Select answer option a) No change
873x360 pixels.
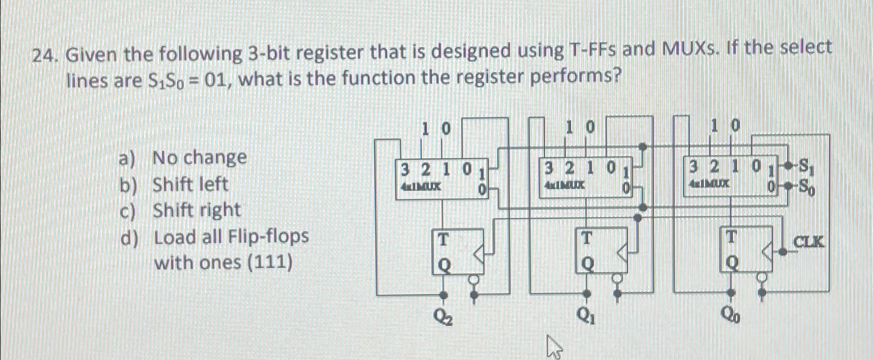(200, 157)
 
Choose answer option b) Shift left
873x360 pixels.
(190, 184)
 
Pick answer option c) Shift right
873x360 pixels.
(197, 211)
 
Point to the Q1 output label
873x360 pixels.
(587, 316)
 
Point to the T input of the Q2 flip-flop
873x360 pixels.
(442, 240)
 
